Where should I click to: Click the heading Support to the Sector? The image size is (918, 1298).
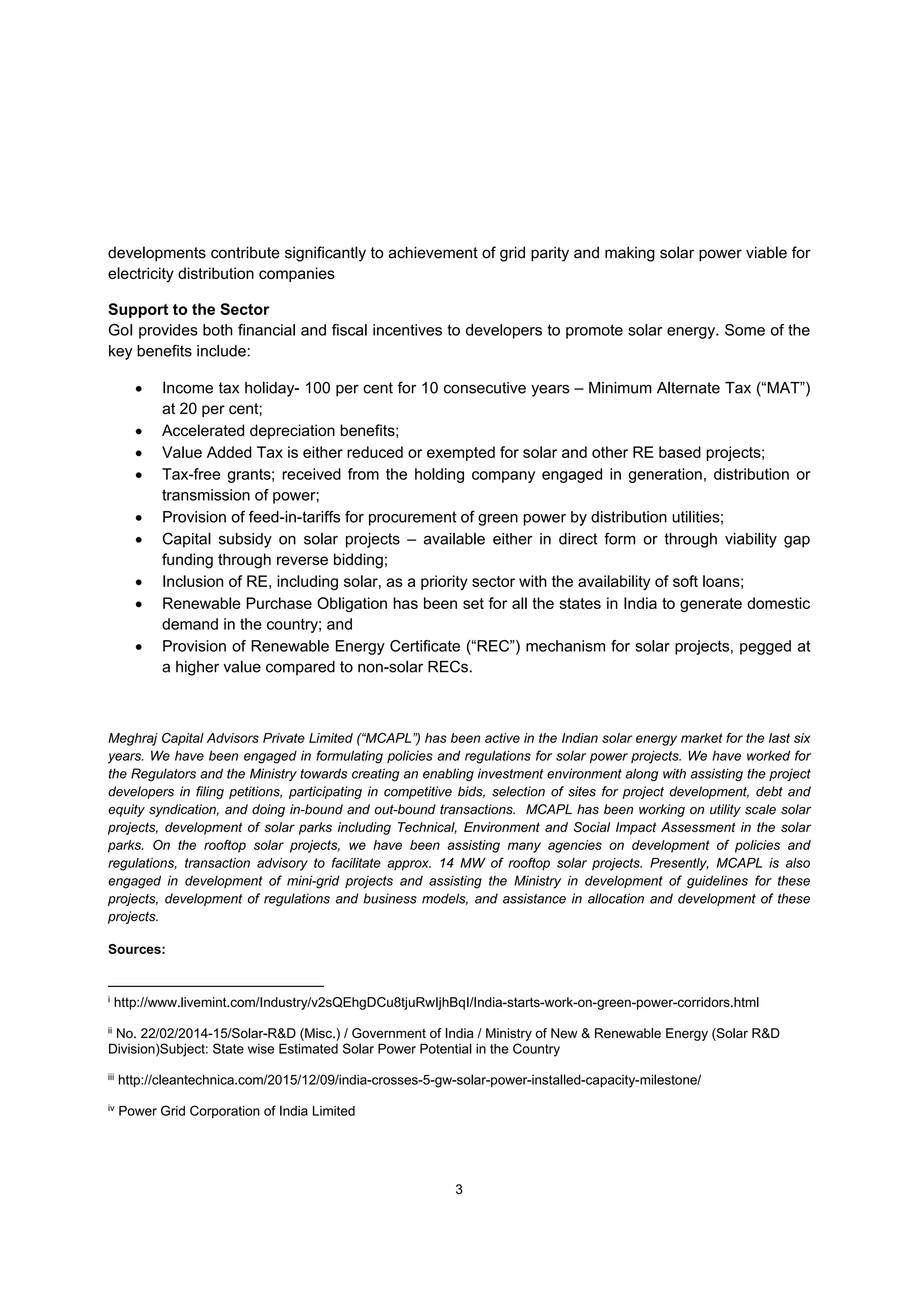click(188, 310)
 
